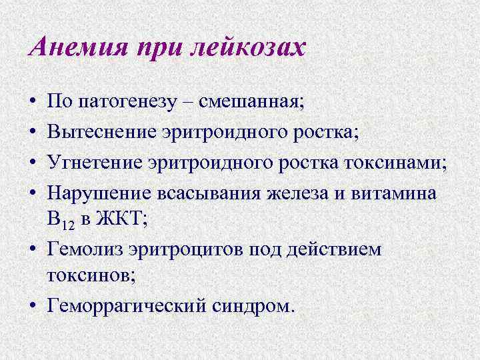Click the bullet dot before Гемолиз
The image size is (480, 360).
click(x=32, y=251)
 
